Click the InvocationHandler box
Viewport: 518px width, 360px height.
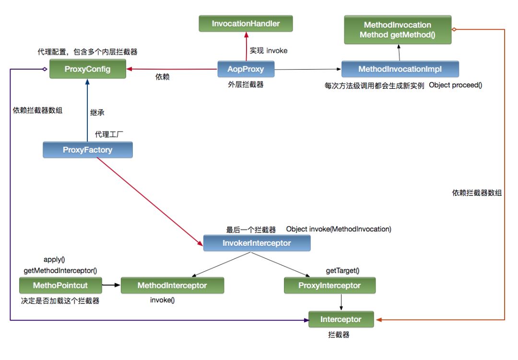coord(246,23)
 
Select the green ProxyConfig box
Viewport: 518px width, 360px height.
coord(87,69)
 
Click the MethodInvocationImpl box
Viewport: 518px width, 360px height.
coord(400,69)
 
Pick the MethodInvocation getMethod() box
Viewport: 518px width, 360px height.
coord(397,29)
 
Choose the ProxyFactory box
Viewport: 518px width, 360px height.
coord(87,150)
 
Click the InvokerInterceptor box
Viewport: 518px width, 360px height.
coord(257,243)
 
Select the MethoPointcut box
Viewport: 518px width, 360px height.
coord(60,286)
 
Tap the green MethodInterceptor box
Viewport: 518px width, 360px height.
coord(172,286)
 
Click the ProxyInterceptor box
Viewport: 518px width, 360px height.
coord(330,286)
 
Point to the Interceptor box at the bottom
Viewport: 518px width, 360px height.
coord(341,319)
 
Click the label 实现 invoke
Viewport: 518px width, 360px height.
coord(269,50)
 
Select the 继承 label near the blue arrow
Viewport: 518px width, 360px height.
coord(97,113)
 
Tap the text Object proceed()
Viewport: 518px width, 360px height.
coord(455,85)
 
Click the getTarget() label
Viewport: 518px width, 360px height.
coord(342,271)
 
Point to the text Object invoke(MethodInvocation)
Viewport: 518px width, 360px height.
coord(339,229)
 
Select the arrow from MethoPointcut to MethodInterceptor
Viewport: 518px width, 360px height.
coord(111,286)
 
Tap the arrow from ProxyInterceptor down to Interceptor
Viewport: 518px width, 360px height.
coord(341,302)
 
